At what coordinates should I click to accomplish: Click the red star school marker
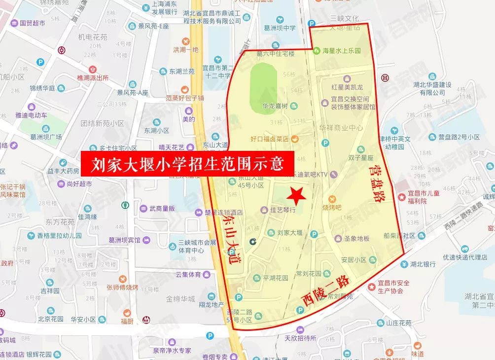pos(297,195)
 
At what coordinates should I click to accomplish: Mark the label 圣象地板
pos(356,239)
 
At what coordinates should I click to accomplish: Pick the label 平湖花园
pos(275,277)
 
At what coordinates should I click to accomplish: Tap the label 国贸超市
pos(32,23)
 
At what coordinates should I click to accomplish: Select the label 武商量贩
pos(162,208)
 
